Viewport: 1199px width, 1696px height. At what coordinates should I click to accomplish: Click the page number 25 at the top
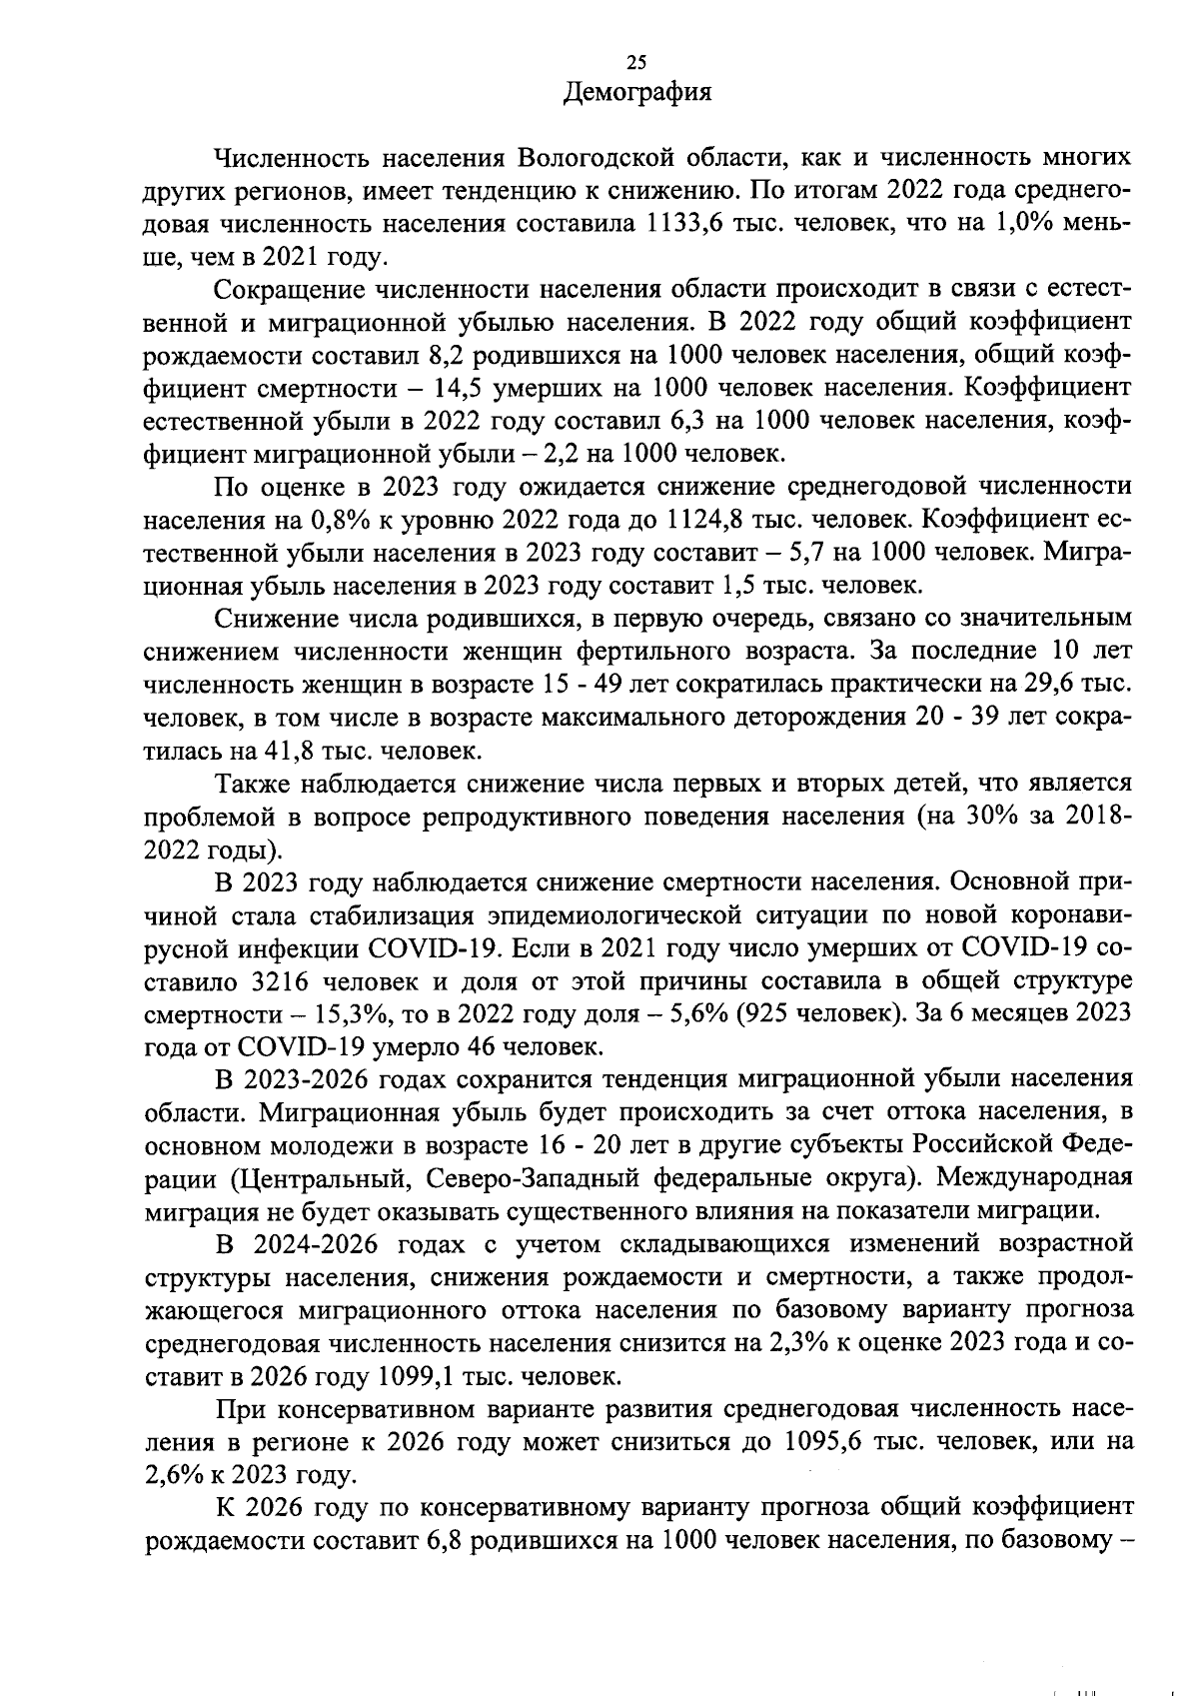[635, 64]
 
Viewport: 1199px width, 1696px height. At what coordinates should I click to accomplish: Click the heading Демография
[637, 93]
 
